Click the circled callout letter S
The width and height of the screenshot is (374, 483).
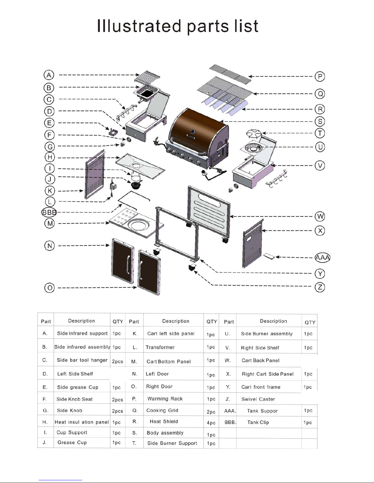click(x=320, y=121)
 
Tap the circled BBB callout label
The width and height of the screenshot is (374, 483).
click(x=49, y=212)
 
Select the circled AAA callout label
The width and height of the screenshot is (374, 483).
click(x=322, y=258)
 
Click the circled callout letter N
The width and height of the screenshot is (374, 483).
click(x=49, y=246)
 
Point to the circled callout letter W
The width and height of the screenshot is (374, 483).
click(x=320, y=217)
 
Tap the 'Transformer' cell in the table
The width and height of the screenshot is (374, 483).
click(x=160, y=347)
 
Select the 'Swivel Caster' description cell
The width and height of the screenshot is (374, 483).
click(x=258, y=399)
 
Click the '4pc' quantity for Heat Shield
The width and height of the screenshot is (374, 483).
click(x=211, y=423)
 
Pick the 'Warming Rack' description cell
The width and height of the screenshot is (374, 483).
click(x=165, y=399)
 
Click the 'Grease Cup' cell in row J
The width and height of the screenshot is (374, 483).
click(x=72, y=442)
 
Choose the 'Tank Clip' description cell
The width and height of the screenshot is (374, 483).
click(x=258, y=422)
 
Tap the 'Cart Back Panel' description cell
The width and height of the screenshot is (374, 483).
click(x=260, y=360)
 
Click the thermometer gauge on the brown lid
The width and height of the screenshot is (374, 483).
click(x=193, y=132)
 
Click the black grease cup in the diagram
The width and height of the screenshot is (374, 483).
click(x=136, y=185)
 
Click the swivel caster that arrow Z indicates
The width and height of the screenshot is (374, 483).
click(x=192, y=268)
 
